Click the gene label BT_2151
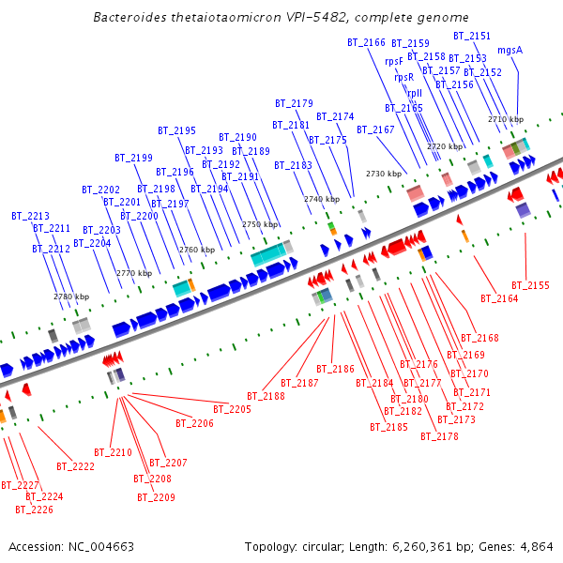click(472, 36)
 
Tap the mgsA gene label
click(510, 50)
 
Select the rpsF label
click(394, 61)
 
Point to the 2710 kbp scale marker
click(506, 119)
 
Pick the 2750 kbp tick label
click(261, 225)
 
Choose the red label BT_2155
click(530, 285)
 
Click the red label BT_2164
click(499, 298)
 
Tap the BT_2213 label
click(31, 216)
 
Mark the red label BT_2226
click(34, 510)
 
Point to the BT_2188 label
click(266, 396)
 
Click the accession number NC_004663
click(99, 546)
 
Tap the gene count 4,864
click(536, 546)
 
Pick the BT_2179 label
click(294, 103)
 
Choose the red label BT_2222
click(75, 466)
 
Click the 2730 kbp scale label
click(384, 174)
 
